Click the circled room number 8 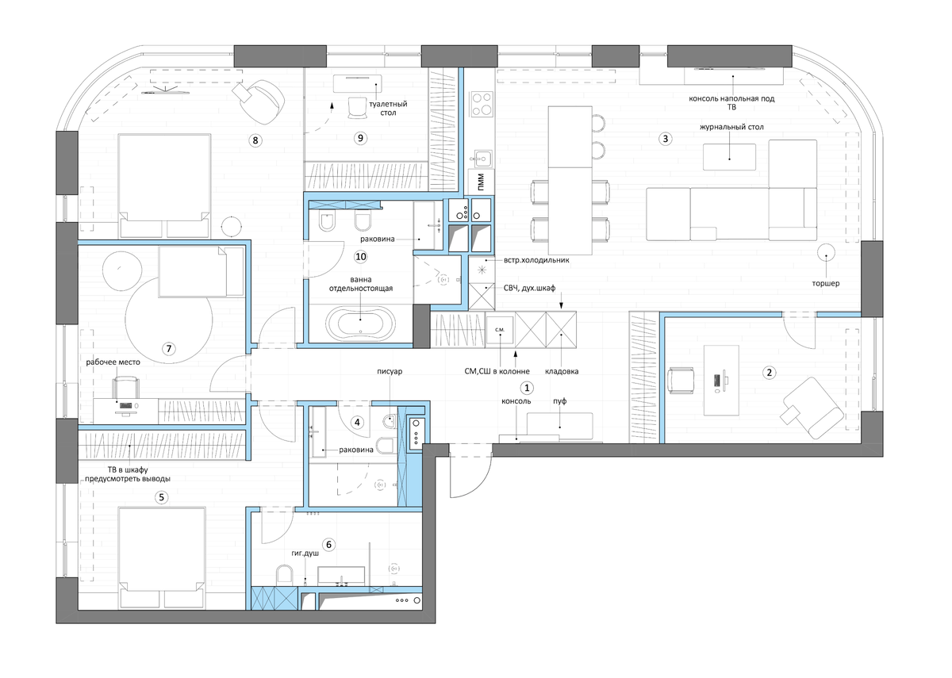coord(255,140)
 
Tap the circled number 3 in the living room coord(665,139)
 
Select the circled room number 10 coord(361,257)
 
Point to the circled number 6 coord(328,545)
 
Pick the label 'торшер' coord(826,283)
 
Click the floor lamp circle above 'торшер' coord(826,253)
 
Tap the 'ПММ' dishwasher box coord(481,182)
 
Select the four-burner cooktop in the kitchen coord(482,104)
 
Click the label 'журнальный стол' coord(731,127)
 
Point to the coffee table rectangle coord(729,157)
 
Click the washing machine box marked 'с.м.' coord(500,330)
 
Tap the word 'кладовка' coord(562,371)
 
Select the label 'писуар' coord(390,371)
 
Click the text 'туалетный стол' coord(388,109)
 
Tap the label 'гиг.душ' coord(305,554)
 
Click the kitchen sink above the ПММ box coord(482,159)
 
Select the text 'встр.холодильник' coord(536,260)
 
